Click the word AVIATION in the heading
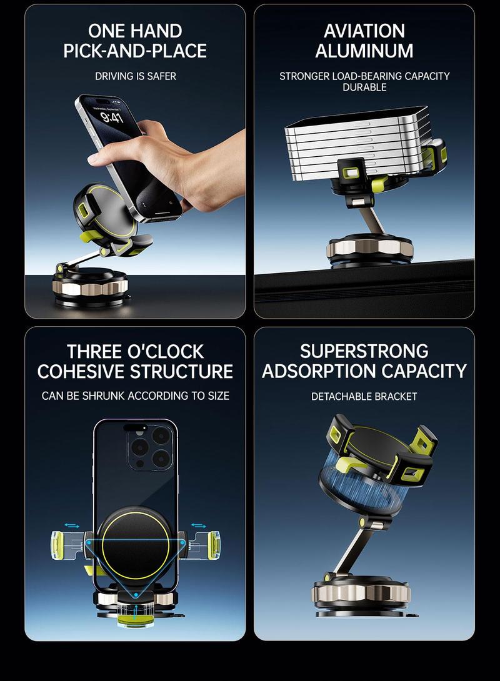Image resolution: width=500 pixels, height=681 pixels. (364, 31)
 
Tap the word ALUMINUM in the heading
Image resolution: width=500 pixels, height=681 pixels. (364, 51)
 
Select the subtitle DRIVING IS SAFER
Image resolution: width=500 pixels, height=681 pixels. (136, 76)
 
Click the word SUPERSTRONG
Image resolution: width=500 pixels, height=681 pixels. (364, 351)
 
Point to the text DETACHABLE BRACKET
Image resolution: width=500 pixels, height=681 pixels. (364, 396)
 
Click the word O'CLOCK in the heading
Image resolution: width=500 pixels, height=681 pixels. (166, 351)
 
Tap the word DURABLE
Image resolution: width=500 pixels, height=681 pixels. (364, 87)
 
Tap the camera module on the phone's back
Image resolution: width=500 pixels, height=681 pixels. (150, 448)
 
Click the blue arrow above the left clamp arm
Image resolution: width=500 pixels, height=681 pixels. (72, 526)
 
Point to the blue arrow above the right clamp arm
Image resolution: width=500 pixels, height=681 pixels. (199, 526)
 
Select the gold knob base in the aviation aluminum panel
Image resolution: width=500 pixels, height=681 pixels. (369, 248)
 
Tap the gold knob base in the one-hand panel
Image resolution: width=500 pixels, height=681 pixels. (91, 287)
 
